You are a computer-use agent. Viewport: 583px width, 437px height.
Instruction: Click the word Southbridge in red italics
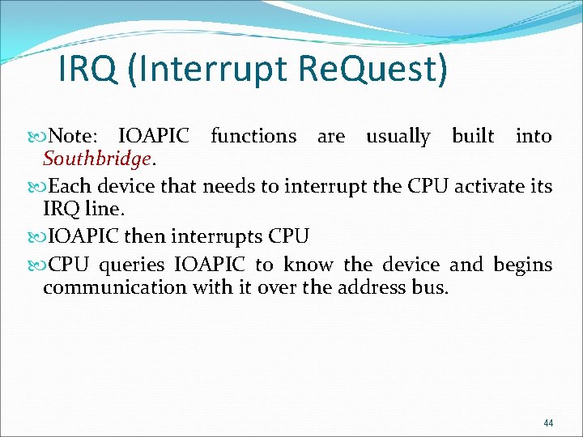[96, 159]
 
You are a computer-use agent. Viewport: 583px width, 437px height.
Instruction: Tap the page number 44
[548, 422]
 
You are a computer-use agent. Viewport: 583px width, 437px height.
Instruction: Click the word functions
[253, 137]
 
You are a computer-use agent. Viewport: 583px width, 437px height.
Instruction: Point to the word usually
[398, 137]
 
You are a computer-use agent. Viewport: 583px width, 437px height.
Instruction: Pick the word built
[473, 137]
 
